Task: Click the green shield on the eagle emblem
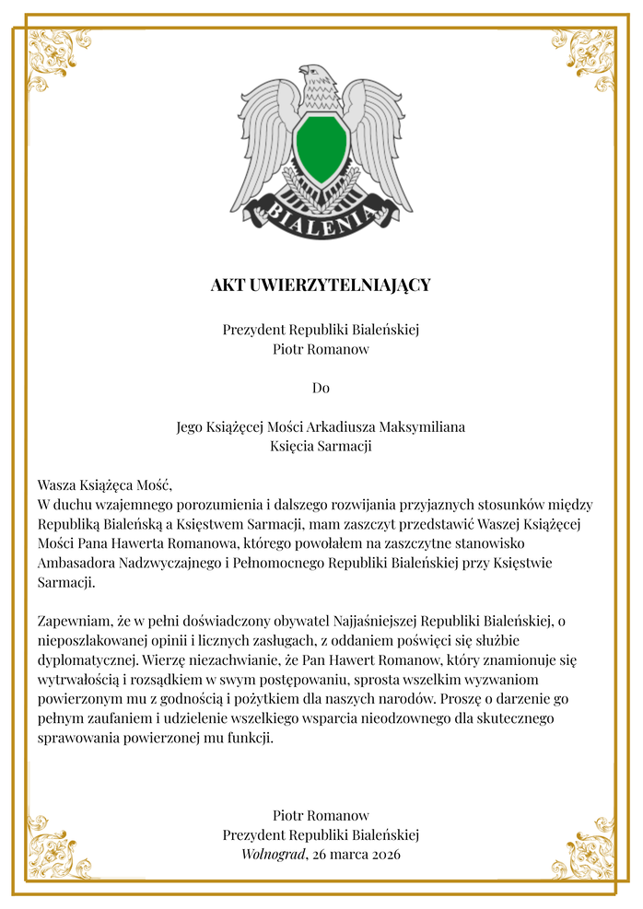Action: [321, 148]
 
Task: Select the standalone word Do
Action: [321, 388]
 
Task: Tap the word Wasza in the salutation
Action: [57, 485]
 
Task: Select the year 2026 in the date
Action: [382, 854]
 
